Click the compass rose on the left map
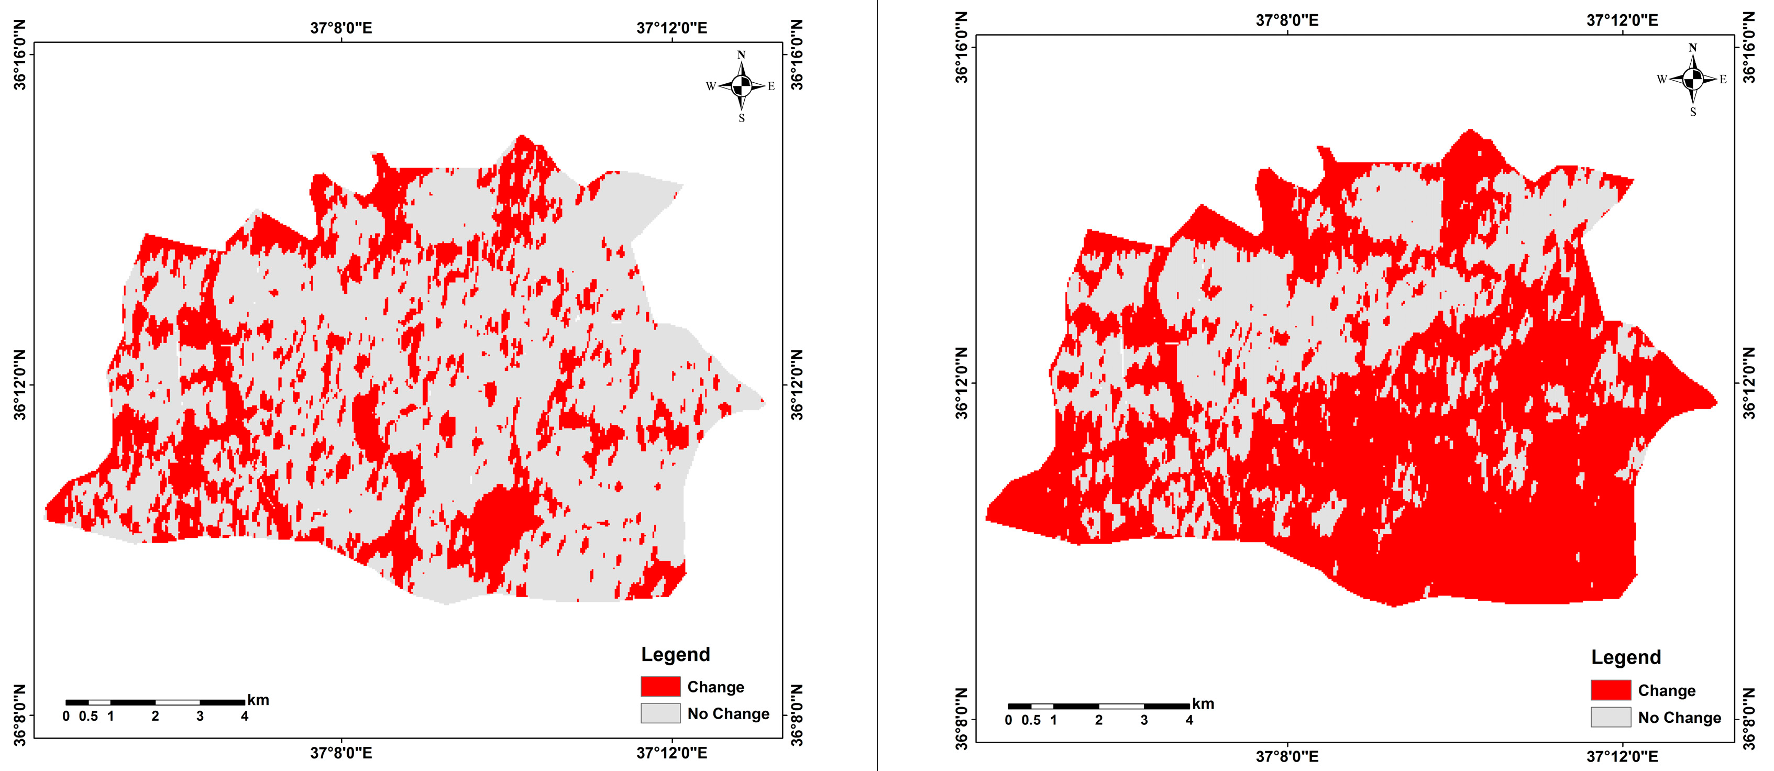pos(741,86)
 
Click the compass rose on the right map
pos(1693,79)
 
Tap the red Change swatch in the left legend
pos(660,686)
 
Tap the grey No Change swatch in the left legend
pos(660,713)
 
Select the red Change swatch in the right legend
pos(1611,690)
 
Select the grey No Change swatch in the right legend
pos(1611,717)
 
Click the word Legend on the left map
pos(675,654)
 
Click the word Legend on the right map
pos(1625,657)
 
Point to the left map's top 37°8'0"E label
pos(341,28)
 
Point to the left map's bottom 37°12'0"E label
pos(671,753)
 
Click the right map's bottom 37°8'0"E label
pos(1286,756)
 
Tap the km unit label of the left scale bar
pos(258,700)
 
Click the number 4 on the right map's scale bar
pos(1188,720)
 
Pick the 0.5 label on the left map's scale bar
pos(88,716)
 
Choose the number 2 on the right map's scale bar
pos(1098,720)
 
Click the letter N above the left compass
pos(741,55)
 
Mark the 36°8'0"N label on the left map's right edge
pos(796,714)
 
